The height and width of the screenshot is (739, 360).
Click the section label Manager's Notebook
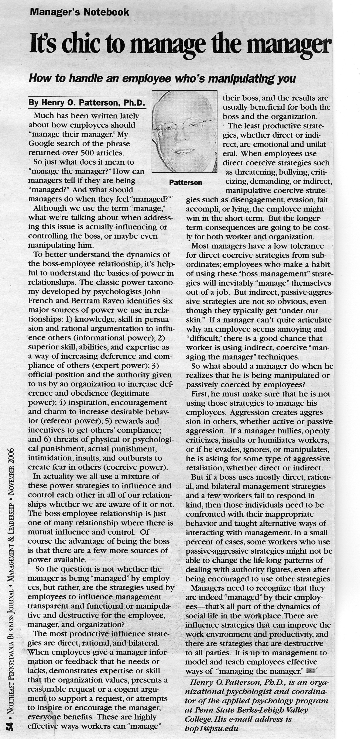tap(79, 12)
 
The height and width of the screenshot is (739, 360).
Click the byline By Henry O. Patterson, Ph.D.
tap(87, 103)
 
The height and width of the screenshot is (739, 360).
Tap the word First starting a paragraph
tap(200, 394)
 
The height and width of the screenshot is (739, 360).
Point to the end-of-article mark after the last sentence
tap(311, 671)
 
